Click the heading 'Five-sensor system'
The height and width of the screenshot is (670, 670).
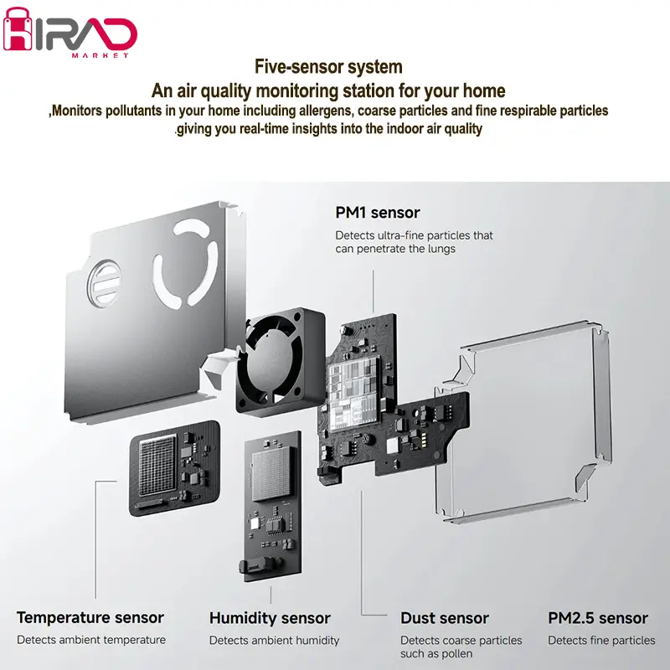pyautogui.click(x=328, y=67)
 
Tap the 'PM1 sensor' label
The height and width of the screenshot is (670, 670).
pyautogui.click(x=378, y=213)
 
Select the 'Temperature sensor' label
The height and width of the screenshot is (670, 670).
pyautogui.click(x=90, y=618)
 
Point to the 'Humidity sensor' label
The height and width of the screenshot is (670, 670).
pyautogui.click(x=270, y=618)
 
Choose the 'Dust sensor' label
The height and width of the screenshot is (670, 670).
pyautogui.click(x=445, y=618)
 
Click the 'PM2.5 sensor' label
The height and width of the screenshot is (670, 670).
pyautogui.click(x=598, y=618)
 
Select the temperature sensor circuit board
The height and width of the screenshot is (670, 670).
pyautogui.click(x=173, y=470)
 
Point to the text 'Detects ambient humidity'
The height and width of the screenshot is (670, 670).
pyautogui.click(x=274, y=641)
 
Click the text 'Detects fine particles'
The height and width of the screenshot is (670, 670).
pyautogui.click(x=601, y=641)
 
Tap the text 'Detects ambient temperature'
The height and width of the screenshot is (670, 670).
pyautogui.click(x=91, y=641)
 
